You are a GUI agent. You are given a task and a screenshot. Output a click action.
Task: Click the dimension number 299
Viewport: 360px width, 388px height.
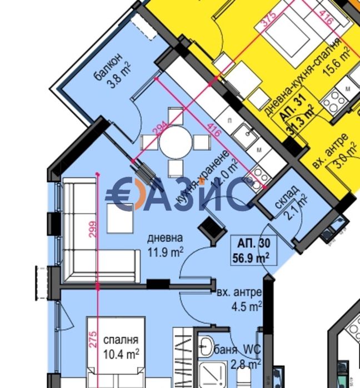tap(93, 229)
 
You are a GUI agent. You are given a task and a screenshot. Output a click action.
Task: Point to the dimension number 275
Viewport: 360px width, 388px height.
tap(93, 339)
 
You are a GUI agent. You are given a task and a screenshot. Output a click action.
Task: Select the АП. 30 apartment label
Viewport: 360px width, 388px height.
tap(253, 243)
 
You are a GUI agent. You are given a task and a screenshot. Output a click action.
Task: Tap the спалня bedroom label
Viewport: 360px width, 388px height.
tap(120, 340)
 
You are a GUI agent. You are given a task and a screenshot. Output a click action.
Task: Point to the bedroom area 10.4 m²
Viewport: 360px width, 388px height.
tap(121, 352)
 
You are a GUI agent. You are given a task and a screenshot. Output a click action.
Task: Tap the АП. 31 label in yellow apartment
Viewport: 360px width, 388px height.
tap(289, 108)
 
